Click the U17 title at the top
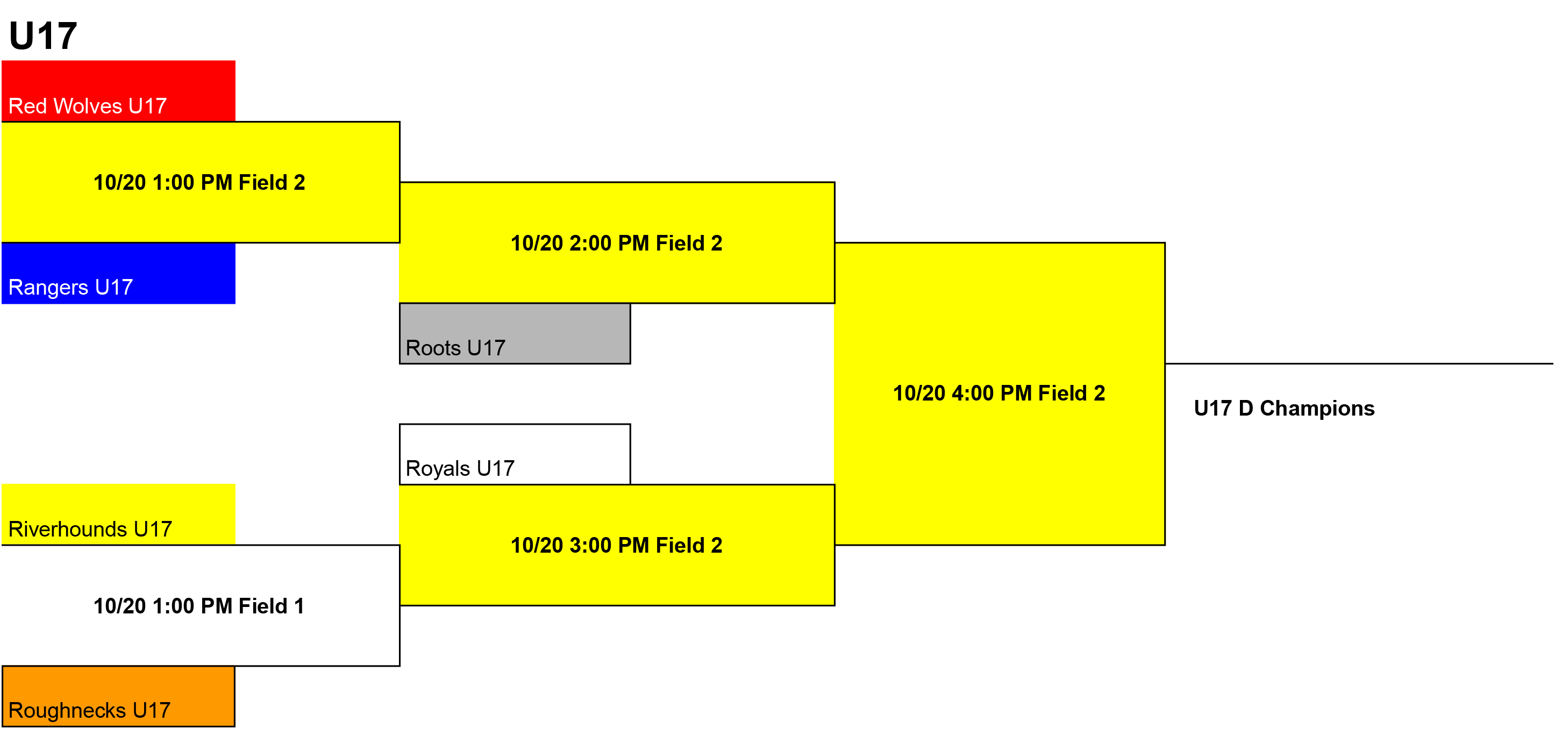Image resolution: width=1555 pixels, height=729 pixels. [x=43, y=35]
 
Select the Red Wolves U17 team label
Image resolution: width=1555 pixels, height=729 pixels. [x=88, y=106]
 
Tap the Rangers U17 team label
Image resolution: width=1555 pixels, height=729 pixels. [x=70, y=287]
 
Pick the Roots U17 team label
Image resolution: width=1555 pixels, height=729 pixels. [x=455, y=348]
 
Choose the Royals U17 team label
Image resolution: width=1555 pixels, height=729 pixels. [x=460, y=468]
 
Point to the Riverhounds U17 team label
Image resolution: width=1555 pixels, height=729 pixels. [x=90, y=529]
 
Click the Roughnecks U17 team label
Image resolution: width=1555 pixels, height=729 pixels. [x=89, y=710]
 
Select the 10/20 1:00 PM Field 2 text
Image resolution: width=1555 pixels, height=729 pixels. [x=199, y=182]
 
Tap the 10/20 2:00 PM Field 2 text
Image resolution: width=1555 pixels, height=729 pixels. [x=616, y=243]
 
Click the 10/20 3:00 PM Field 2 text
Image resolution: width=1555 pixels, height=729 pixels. [x=616, y=546]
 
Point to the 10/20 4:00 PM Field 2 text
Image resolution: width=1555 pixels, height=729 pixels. [x=999, y=394]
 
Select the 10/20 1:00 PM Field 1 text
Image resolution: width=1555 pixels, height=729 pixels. [x=199, y=606]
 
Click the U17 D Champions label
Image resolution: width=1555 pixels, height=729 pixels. [x=1284, y=409]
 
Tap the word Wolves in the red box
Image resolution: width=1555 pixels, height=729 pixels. [x=88, y=106]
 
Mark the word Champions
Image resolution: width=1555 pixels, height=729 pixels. [x=1317, y=409]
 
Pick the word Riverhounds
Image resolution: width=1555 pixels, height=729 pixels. [x=68, y=529]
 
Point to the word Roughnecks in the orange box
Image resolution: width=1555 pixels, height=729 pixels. [x=67, y=710]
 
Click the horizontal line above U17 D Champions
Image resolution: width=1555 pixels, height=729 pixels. [x=1359, y=363]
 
